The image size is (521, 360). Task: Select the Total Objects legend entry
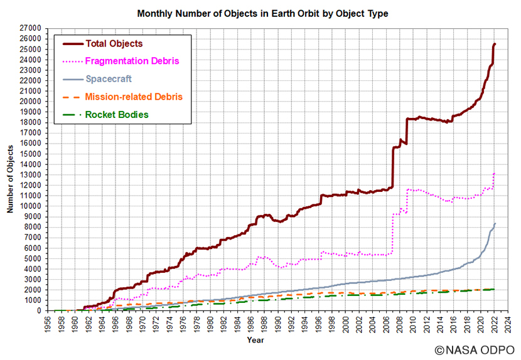coord(114,44)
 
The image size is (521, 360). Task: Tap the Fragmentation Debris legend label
coord(132,61)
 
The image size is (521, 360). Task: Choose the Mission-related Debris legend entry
coord(133,97)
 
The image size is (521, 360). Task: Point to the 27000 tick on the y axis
coord(30,28)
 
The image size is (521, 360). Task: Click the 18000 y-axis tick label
coord(30,122)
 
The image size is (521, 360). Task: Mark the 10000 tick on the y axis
coord(30,206)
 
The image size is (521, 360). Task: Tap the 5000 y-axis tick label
coord(32,258)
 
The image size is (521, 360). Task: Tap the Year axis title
coord(255,340)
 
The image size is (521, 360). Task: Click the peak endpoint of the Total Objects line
coord(495,44)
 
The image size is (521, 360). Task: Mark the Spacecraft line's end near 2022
coord(495,223)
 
